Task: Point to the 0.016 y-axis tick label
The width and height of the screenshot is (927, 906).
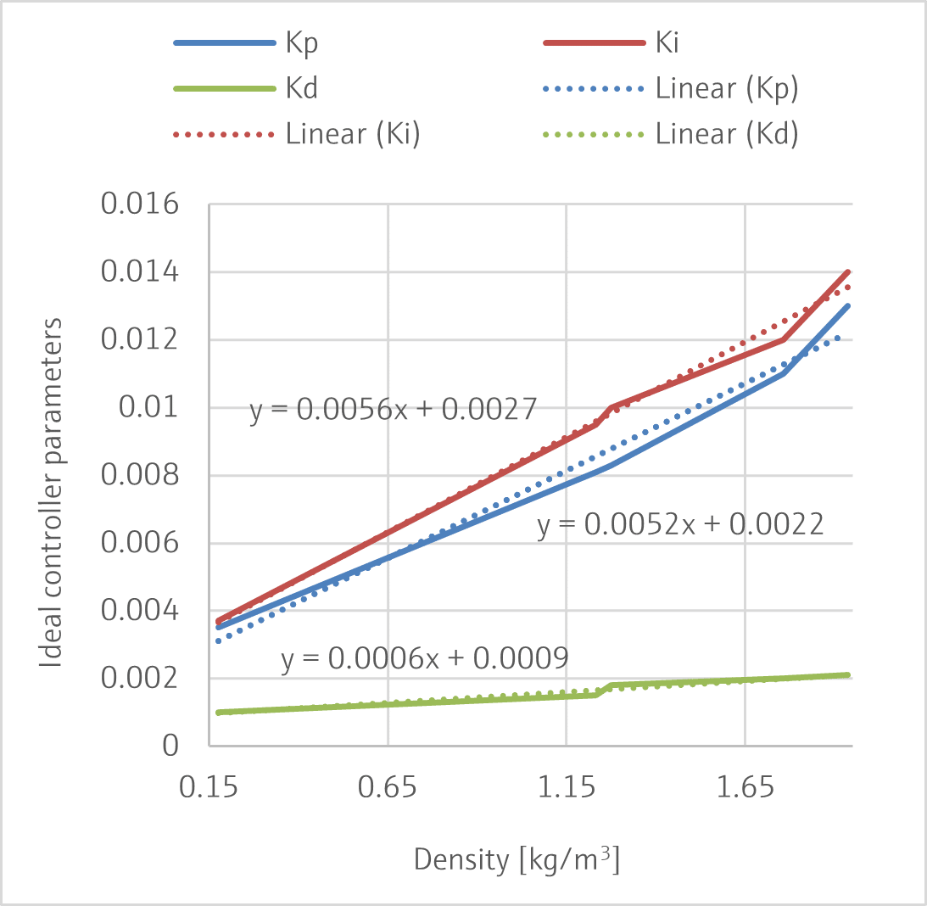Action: pos(141,204)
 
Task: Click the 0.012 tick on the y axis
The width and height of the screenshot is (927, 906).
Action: pos(141,340)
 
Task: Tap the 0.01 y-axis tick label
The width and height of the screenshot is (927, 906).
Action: pos(153,408)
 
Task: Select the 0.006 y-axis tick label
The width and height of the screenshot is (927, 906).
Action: pos(141,544)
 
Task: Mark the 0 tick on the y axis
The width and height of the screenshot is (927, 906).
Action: pos(171,747)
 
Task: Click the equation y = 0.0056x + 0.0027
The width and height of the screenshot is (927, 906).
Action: pos(394,411)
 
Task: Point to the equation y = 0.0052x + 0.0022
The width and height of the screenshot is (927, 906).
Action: pos(680,525)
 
